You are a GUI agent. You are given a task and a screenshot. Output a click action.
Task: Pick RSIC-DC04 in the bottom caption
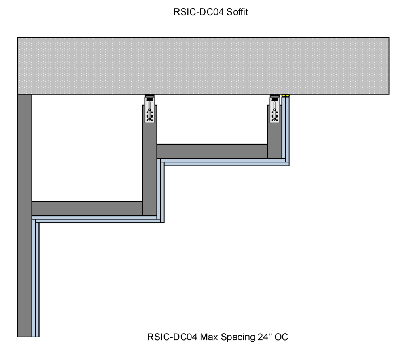(172, 337)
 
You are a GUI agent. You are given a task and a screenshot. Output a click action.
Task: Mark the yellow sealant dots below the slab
(285, 96)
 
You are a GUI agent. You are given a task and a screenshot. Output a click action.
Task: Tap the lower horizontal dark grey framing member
(87, 208)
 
